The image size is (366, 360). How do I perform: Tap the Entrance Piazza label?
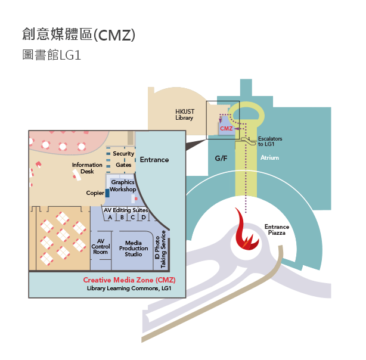277,229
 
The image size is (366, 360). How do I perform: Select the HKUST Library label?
184,114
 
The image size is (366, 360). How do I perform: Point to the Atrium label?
269,158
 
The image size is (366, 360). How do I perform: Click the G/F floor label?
221,159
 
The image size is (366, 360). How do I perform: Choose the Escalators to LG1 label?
270,141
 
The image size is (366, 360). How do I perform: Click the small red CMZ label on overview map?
226,128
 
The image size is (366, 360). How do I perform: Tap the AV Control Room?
101,246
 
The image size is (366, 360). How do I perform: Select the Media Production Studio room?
134,248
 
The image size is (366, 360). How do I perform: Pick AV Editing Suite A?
110,218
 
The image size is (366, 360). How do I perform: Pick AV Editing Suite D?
143,218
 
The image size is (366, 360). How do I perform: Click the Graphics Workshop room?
123,185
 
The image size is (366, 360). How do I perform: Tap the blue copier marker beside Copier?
107,193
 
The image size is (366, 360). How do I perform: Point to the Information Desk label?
83,168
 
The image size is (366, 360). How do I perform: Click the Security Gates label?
123,159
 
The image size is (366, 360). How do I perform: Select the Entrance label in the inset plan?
154,160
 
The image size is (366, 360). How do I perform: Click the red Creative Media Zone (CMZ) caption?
129,280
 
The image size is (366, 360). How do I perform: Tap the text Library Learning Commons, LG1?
129,288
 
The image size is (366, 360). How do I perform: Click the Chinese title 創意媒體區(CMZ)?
78,35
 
